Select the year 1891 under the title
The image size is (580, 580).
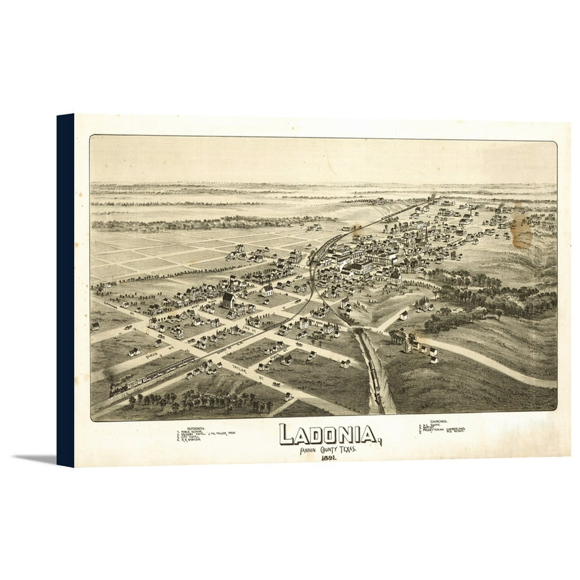click(329, 458)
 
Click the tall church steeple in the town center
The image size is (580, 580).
click(426, 235)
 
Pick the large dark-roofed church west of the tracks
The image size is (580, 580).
click(229, 300)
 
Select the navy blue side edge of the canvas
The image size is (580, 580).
click(65, 290)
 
